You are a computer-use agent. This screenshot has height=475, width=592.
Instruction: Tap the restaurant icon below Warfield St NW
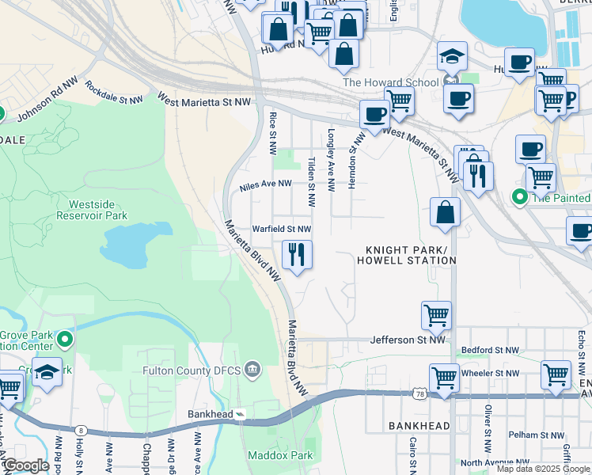[298, 255]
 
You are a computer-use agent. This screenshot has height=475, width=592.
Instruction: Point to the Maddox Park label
[279, 455]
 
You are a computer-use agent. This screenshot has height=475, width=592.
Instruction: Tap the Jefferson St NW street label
[404, 340]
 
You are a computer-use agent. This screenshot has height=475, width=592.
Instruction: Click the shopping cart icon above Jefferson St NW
[436, 316]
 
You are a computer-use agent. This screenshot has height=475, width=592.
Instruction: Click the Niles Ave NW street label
[265, 186]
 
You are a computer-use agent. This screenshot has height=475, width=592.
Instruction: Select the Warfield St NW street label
[281, 229]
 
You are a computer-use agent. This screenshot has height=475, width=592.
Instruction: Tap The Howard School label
[390, 82]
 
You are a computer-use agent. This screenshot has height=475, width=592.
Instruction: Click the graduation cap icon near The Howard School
[452, 56]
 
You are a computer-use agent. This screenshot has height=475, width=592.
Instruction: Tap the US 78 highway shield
[419, 393]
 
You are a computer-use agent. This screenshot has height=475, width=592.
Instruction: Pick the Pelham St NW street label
[536, 435]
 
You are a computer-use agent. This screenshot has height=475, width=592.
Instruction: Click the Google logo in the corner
[26, 465]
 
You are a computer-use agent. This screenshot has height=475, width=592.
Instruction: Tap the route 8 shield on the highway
[81, 430]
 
